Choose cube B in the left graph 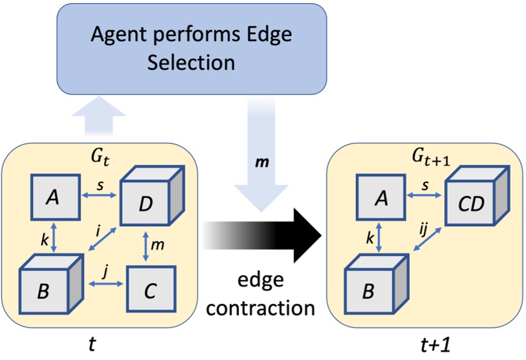[x=48, y=288]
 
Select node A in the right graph [x=381, y=196]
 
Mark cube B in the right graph [x=375, y=288]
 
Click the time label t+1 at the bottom [x=423, y=346]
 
